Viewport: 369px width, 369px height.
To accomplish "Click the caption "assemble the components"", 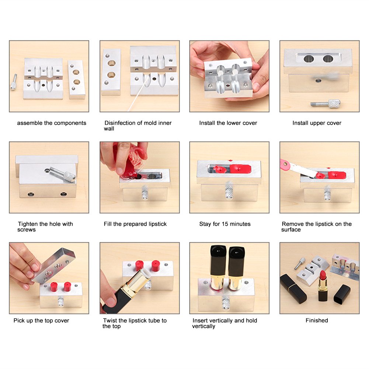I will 52,123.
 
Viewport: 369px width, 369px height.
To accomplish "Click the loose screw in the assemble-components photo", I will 14,82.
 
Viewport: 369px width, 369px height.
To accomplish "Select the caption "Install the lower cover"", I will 228,123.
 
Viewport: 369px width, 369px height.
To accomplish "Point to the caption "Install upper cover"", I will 317,123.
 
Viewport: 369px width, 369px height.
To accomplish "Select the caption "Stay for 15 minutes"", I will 225,224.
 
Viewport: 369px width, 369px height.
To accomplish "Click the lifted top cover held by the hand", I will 55,265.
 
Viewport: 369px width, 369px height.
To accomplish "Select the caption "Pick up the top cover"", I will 41,321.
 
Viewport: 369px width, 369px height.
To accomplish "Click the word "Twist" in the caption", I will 110,321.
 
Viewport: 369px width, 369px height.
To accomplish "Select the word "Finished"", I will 317,321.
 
